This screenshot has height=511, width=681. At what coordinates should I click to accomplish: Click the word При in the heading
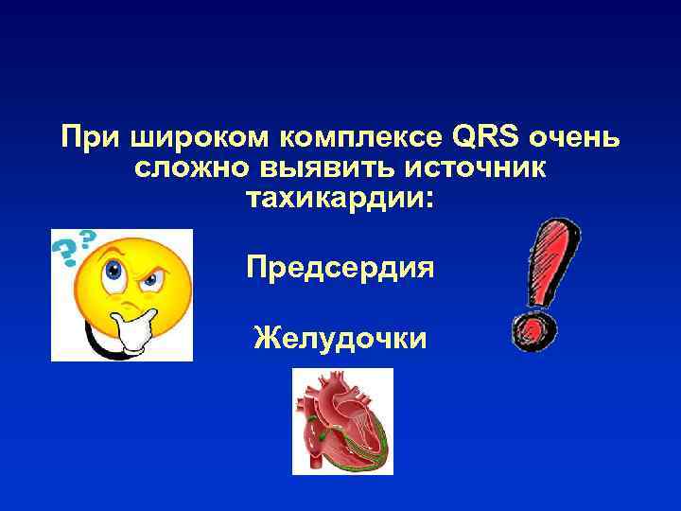[90, 138]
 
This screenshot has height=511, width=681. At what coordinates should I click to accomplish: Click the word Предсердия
[340, 268]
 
